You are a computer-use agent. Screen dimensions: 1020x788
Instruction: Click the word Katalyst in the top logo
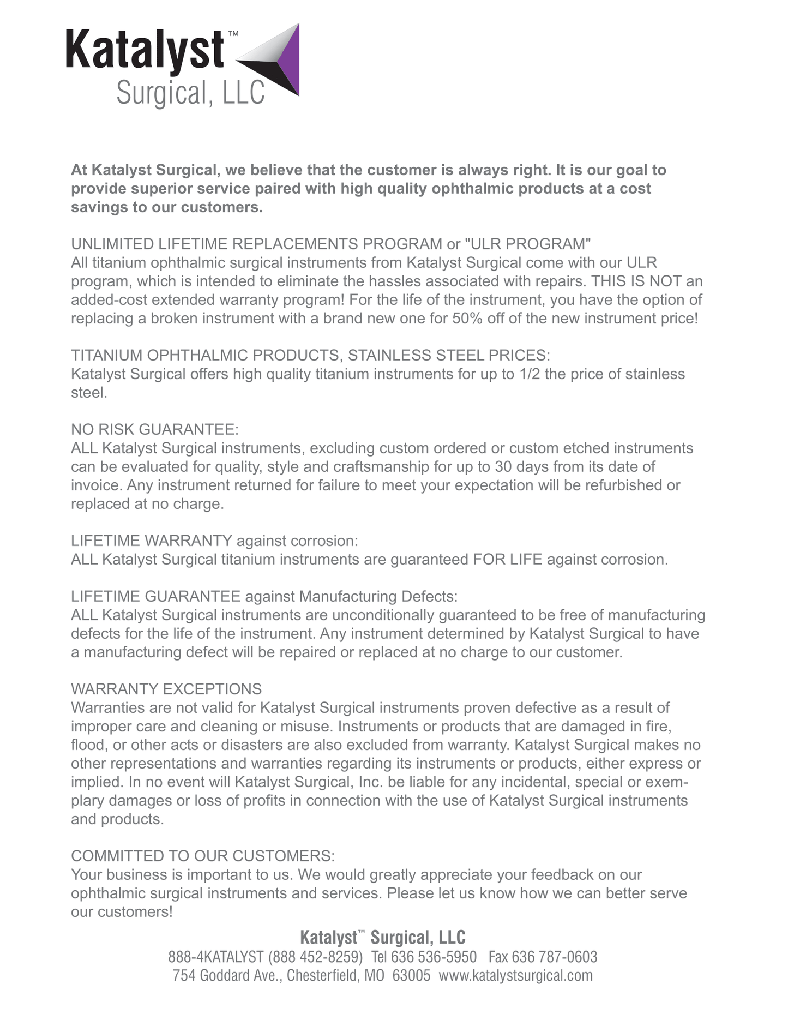click(145, 50)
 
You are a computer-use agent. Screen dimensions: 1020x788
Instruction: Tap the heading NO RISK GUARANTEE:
click(155, 429)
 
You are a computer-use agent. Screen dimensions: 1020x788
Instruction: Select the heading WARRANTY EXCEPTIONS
click(166, 689)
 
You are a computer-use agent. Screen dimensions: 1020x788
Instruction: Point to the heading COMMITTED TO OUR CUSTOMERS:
click(203, 856)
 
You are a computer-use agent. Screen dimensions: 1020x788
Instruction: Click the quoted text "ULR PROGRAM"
click(528, 244)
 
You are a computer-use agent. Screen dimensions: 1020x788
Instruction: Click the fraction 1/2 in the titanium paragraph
click(530, 374)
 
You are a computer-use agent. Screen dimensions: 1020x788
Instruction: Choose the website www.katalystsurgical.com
click(515, 975)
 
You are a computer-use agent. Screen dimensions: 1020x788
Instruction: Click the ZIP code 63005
click(411, 975)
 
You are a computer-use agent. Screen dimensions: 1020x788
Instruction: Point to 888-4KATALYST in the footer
click(216, 957)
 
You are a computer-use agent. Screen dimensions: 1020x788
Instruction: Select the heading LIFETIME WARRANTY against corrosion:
click(214, 541)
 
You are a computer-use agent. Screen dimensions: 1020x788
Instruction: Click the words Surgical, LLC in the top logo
click(190, 93)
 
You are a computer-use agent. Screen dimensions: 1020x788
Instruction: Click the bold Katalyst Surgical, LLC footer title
click(383, 937)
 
